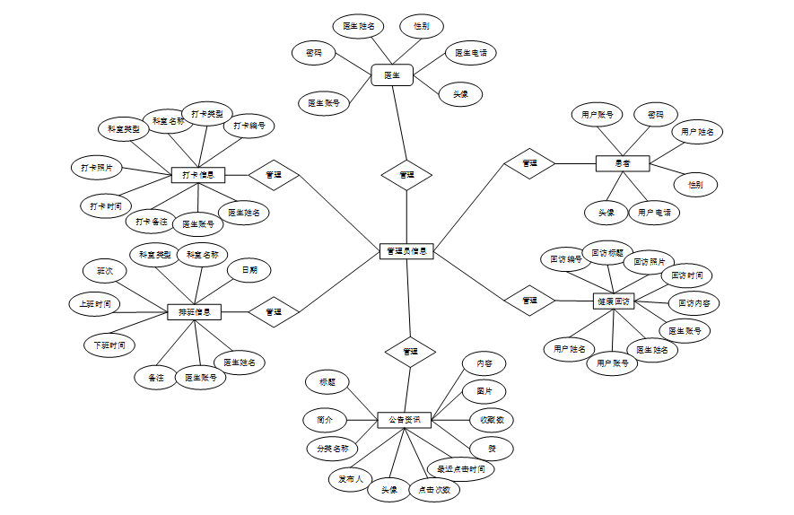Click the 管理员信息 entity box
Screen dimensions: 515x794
pos(407,251)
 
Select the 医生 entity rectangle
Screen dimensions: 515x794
pos(392,74)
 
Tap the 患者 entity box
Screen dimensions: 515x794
pos(623,163)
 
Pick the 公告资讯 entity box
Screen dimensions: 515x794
pos(405,420)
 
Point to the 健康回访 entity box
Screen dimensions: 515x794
pos(614,301)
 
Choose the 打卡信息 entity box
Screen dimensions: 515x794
pos(197,175)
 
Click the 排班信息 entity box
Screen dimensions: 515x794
pos(195,312)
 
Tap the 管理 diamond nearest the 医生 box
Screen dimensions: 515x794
pos(406,174)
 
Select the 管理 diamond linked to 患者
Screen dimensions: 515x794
pos(529,163)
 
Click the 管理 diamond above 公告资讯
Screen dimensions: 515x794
pos(410,351)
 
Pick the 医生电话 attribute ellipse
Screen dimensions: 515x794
pos(471,54)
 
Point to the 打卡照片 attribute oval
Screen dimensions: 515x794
pos(97,167)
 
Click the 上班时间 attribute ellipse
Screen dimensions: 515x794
pos(95,304)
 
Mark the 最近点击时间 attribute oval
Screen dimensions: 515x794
pos(460,468)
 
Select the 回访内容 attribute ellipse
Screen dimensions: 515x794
pos(694,303)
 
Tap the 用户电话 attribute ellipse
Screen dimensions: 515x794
pos(654,213)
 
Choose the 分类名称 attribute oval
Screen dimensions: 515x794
pos(332,448)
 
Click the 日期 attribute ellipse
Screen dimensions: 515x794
pos(249,269)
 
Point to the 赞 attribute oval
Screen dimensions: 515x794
pos(492,447)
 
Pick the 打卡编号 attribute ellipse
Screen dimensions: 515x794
pos(249,126)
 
